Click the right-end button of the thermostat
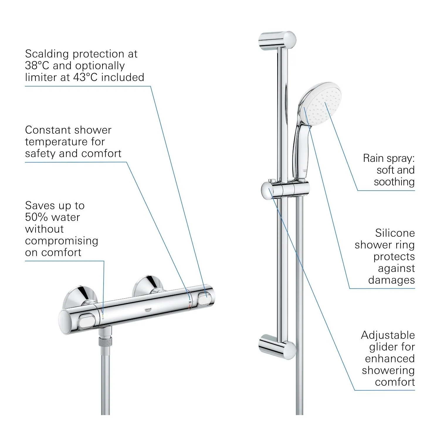[205, 298]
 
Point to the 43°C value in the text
[85, 77]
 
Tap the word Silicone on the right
[395, 233]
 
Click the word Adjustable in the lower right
[388, 335]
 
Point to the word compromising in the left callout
[62, 241]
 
